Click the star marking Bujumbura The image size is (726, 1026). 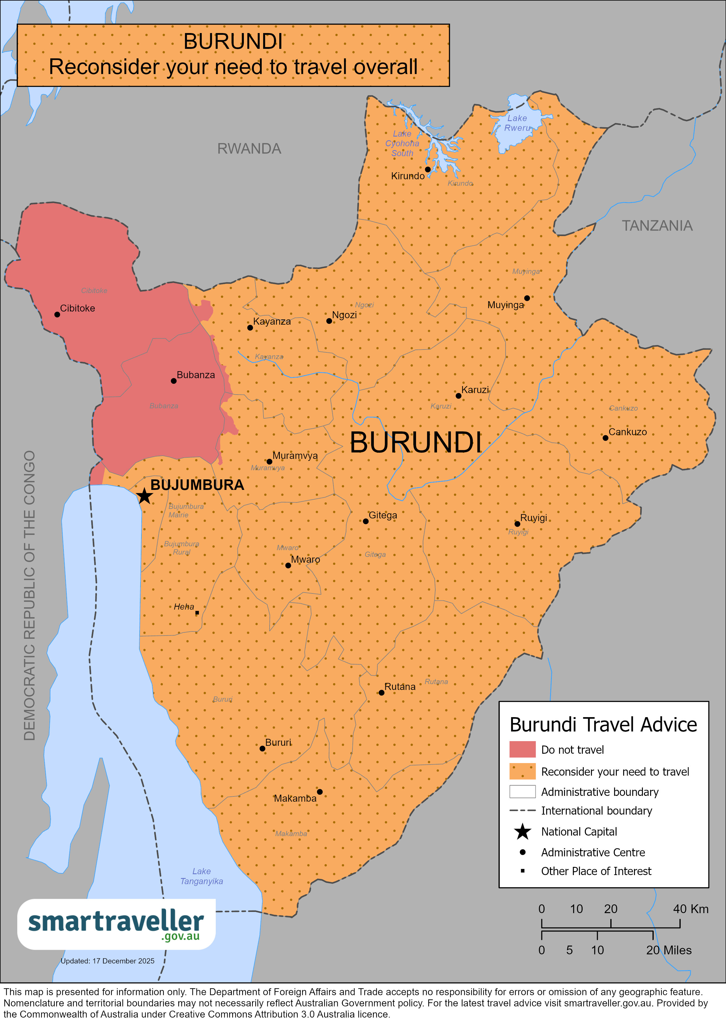coord(144,495)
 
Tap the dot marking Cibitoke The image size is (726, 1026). coord(57,315)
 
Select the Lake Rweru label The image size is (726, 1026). coord(517,123)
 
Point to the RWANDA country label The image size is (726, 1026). coord(249,149)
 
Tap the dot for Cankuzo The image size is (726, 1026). coord(605,438)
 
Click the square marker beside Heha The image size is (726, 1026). coord(197,613)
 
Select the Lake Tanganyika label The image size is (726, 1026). coord(201,876)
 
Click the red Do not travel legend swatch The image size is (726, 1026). coord(522,749)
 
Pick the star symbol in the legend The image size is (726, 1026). coord(522,832)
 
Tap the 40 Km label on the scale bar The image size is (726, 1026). coord(690,909)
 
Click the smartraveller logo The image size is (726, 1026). coord(116,924)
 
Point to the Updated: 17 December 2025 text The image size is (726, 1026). coord(107,961)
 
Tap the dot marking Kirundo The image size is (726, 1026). coord(428,169)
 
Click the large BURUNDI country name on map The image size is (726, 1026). coord(415,443)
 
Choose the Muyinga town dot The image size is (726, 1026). coord(527,298)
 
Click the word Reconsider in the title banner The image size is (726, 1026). coord(104,67)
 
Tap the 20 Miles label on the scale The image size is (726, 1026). coord(668,950)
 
